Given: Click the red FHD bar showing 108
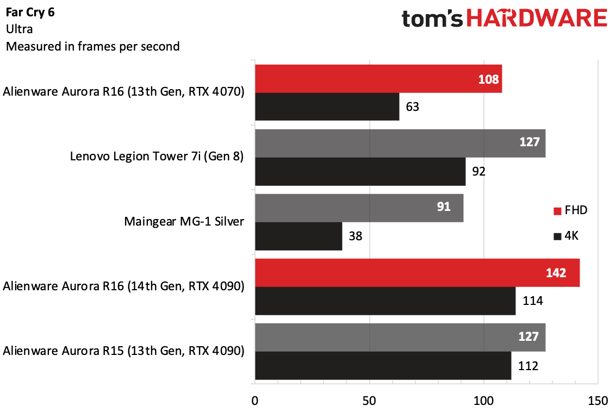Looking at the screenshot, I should pyautogui.click(x=378, y=79).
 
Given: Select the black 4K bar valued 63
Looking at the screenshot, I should pyautogui.click(x=327, y=107).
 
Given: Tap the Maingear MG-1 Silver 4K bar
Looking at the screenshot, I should pyautogui.click(x=298, y=236).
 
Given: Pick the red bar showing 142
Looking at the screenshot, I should pyautogui.click(x=417, y=273).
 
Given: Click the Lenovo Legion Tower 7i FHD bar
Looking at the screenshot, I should pyautogui.click(x=400, y=143).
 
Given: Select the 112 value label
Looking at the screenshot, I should pyautogui.click(x=527, y=366).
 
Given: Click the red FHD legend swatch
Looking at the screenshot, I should pyautogui.click(x=557, y=211).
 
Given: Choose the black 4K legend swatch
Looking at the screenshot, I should pyautogui.click(x=557, y=236).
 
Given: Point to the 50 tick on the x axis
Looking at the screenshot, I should pyautogui.click(x=370, y=401).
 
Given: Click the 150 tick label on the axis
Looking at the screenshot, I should pyautogui.click(x=598, y=401).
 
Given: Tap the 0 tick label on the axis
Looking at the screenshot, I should pyautogui.click(x=255, y=401).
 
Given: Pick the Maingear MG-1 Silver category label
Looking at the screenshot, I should pyautogui.click(x=184, y=222).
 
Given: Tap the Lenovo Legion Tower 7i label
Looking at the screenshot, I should pyautogui.click(x=157, y=157).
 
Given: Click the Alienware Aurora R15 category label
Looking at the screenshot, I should pyautogui.click(x=123, y=351).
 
